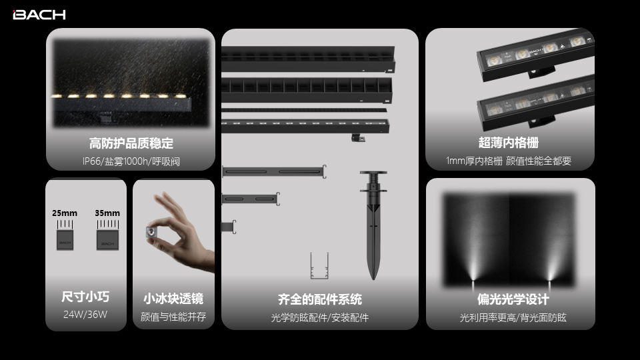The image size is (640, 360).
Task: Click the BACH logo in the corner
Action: (x=39, y=15)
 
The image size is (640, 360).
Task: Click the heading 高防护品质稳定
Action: (x=131, y=143)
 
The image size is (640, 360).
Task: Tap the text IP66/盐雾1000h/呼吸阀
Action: (x=131, y=161)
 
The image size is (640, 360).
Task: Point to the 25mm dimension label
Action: (x=65, y=213)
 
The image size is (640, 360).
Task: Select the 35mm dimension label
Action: (x=107, y=213)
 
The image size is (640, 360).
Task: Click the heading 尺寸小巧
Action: (x=85, y=296)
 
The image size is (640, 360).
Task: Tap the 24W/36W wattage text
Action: (x=85, y=314)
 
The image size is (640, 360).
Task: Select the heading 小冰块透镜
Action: (x=173, y=299)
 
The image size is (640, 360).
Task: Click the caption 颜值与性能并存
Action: (x=173, y=317)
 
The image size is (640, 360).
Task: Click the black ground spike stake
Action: (x=373, y=225)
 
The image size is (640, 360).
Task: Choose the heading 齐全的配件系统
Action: (x=320, y=299)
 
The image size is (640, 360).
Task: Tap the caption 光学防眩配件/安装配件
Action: (x=320, y=317)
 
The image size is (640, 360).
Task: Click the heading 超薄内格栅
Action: (x=509, y=143)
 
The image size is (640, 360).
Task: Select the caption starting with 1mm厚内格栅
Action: (x=509, y=161)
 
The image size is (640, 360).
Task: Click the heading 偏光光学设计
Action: (x=513, y=299)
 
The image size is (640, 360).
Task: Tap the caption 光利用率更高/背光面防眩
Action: (x=513, y=317)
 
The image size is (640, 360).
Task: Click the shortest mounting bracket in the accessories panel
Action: (x=229, y=227)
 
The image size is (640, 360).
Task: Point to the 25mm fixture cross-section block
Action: (x=65, y=240)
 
